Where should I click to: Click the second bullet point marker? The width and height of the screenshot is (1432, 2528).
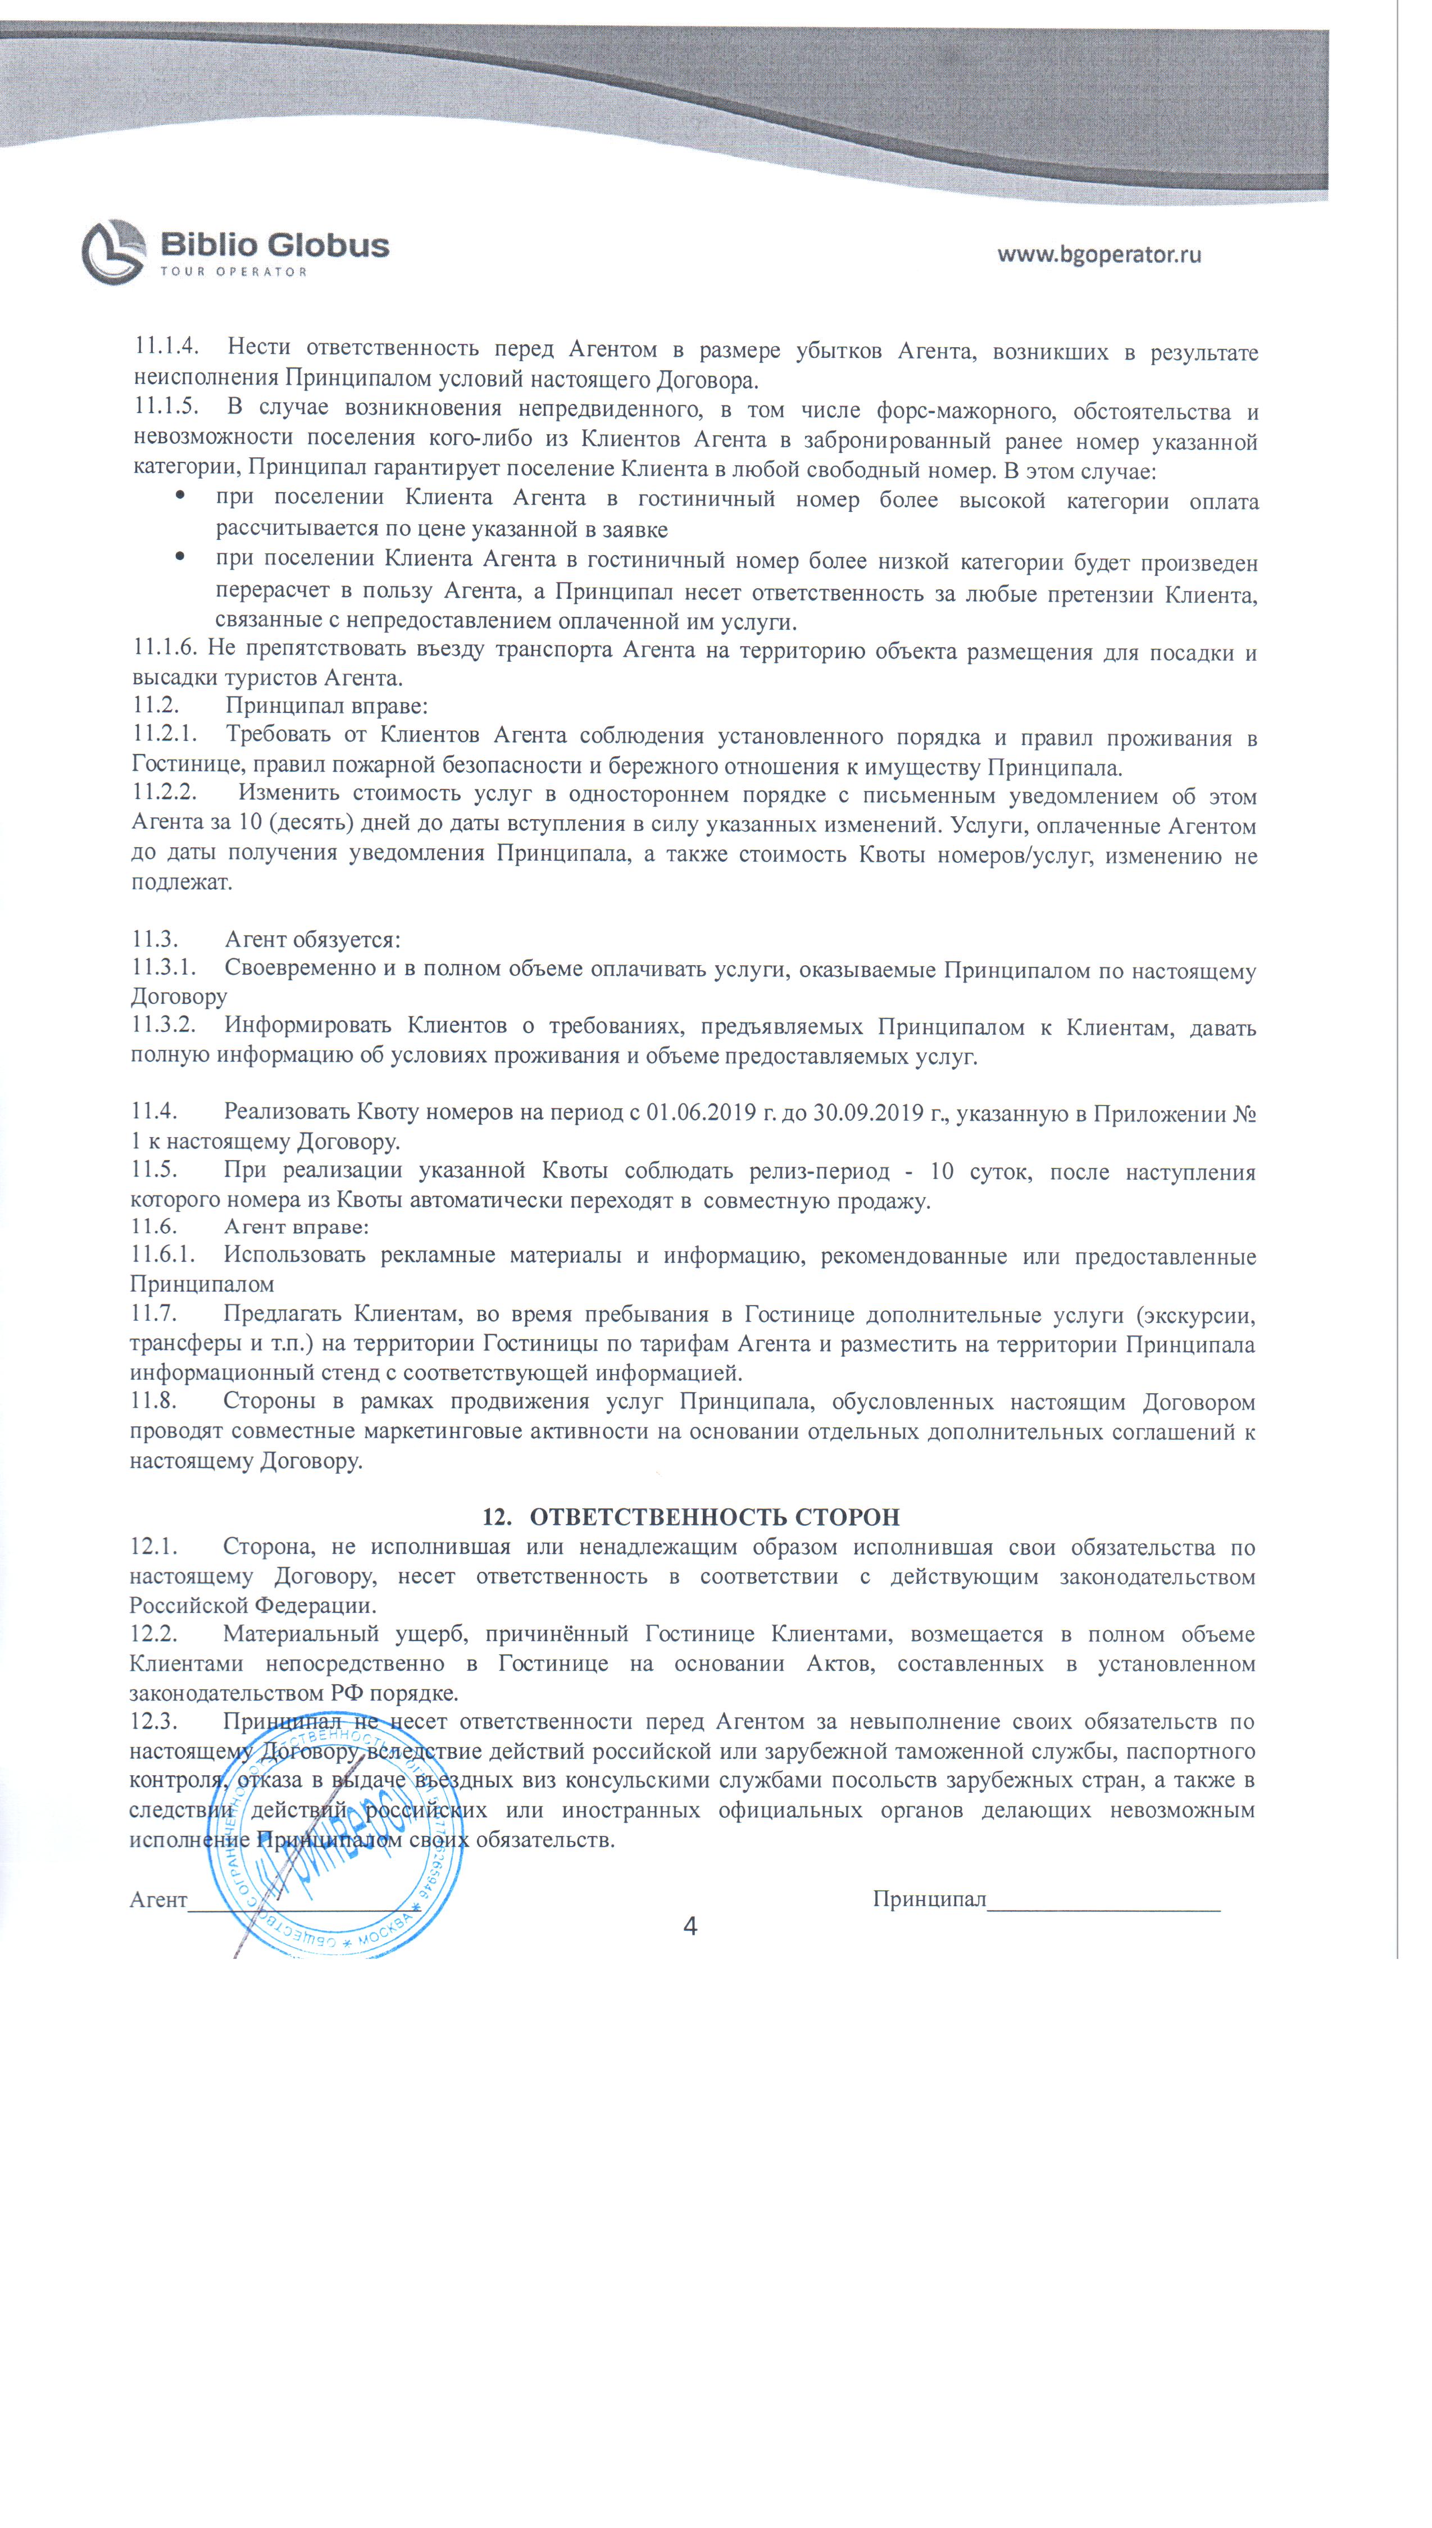[x=180, y=557]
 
